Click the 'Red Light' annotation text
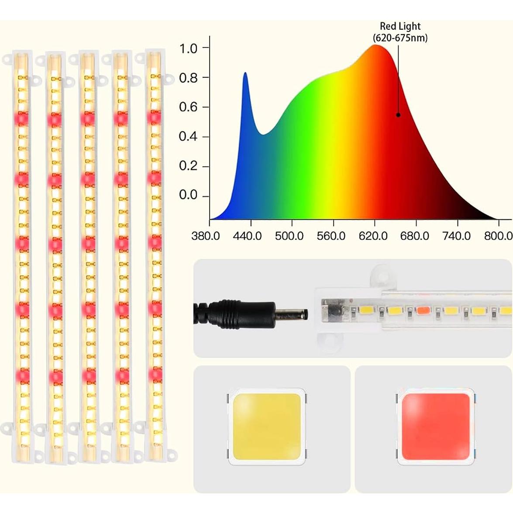400,27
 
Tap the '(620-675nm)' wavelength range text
400,38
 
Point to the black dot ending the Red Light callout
398,115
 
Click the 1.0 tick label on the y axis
188,48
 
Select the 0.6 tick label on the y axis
188,107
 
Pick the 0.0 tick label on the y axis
188,195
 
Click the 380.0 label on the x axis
206,236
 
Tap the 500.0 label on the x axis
289,236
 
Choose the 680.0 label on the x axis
414,236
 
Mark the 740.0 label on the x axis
456,236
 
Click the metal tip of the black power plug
292,313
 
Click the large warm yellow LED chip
266,427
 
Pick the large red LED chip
435,427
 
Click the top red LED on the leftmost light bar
21,118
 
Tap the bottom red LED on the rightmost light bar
154,374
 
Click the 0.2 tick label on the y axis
188,166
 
